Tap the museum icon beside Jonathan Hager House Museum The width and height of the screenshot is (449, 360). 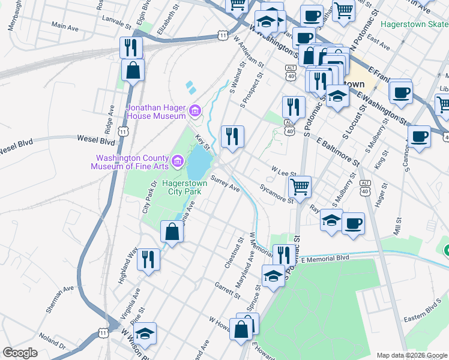click(x=194, y=111)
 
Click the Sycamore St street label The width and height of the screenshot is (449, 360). click(x=277, y=196)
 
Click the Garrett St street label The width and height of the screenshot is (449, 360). click(x=227, y=291)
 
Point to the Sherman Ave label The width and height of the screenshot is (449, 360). click(x=60, y=299)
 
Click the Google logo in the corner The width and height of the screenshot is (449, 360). click(x=20, y=353)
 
